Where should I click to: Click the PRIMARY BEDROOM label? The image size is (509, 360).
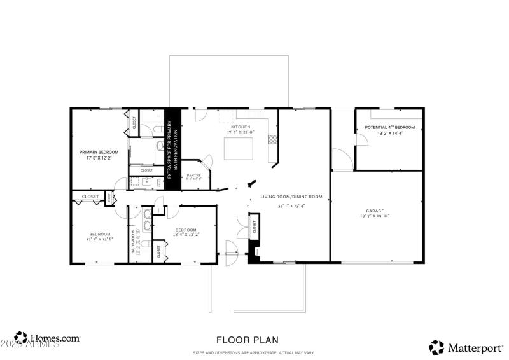pos(99,152)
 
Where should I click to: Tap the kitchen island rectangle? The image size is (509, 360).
pos(239,149)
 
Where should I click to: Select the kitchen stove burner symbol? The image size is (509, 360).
pos(272,138)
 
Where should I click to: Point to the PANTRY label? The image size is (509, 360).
pos(193,176)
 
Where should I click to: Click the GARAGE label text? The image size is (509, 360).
pos(375,211)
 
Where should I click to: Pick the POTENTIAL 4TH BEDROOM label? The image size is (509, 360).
pos(389,128)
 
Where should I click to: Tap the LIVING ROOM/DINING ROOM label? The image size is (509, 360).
pos(291,197)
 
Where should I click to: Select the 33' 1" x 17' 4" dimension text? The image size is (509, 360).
pos(291,205)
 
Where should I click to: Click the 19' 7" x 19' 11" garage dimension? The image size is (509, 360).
pos(375,216)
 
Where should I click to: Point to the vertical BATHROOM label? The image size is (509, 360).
pos(134,242)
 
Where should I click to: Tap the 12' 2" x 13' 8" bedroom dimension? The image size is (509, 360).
pos(99,240)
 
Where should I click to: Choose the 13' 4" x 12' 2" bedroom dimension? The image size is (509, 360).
pos(186,235)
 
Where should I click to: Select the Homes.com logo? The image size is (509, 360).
pos(48,339)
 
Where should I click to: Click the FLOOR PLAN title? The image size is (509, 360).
pos(247,340)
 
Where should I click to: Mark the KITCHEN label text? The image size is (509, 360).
pos(240,127)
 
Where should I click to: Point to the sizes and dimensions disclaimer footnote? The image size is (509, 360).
pos(253,353)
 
